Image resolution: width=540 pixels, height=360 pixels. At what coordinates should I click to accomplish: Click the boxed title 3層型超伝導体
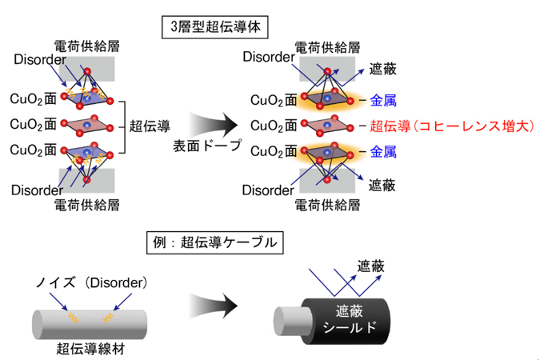[215, 27]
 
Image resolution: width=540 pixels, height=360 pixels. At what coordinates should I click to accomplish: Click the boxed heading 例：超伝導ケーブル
[215, 243]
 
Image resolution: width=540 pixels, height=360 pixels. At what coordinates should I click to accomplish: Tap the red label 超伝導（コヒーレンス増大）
[452, 126]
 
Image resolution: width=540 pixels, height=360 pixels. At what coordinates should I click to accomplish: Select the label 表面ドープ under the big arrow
[207, 146]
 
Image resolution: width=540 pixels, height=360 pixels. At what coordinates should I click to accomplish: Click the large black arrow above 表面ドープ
[214, 125]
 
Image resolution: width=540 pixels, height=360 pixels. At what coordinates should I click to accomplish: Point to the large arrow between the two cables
[214, 306]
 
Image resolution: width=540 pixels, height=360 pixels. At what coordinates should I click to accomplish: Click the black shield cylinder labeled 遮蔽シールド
[346, 322]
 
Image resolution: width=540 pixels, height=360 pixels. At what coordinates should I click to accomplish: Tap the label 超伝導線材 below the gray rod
[90, 349]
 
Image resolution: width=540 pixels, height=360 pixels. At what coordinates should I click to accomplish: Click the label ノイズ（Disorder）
[92, 283]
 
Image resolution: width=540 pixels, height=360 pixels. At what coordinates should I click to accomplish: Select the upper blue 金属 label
[383, 101]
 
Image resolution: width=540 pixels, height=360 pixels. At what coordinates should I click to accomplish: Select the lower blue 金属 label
[383, 151]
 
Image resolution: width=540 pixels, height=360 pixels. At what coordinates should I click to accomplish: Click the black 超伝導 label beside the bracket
[150, 126]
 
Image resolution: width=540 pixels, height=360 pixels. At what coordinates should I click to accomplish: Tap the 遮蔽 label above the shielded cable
[370, 266]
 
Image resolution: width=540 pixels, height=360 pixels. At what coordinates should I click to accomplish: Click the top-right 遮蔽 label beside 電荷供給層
[383, 69]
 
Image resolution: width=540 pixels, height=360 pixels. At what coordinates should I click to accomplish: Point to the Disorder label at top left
[40, 59]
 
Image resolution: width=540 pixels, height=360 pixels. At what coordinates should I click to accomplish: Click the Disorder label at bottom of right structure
[268, 190]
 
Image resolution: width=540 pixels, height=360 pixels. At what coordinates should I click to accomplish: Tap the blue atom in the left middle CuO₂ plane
[86, 125]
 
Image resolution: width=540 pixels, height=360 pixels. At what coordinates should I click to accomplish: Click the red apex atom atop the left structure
[87, 72]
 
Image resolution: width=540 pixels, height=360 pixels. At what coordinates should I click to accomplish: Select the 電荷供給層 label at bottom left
[86, 206]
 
